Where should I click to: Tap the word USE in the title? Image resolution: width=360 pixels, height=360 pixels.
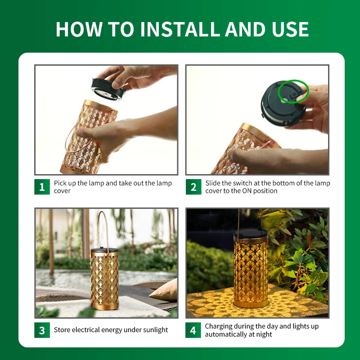pos(290,29)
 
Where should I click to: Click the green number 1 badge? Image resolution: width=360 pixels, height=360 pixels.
pos(42,187)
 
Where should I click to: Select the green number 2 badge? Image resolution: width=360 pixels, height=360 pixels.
pos(193,187)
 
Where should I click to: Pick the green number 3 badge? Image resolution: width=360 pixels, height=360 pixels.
pos(42,330)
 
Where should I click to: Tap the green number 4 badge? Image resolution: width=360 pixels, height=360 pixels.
pos(193,330)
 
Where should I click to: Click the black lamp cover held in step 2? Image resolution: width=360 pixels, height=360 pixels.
pos(283,104)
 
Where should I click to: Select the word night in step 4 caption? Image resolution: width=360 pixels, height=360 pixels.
pos(264,334)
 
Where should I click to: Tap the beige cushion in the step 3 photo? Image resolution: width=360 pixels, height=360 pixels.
pos(164,290)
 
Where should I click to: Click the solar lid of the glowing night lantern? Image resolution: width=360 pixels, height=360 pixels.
pos(251,234)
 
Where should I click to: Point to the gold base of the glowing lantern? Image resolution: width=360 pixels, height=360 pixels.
pos(251,304)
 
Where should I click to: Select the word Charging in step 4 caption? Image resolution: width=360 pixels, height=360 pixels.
pos(217,327)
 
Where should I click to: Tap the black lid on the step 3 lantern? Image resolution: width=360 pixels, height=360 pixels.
pos(104,250)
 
